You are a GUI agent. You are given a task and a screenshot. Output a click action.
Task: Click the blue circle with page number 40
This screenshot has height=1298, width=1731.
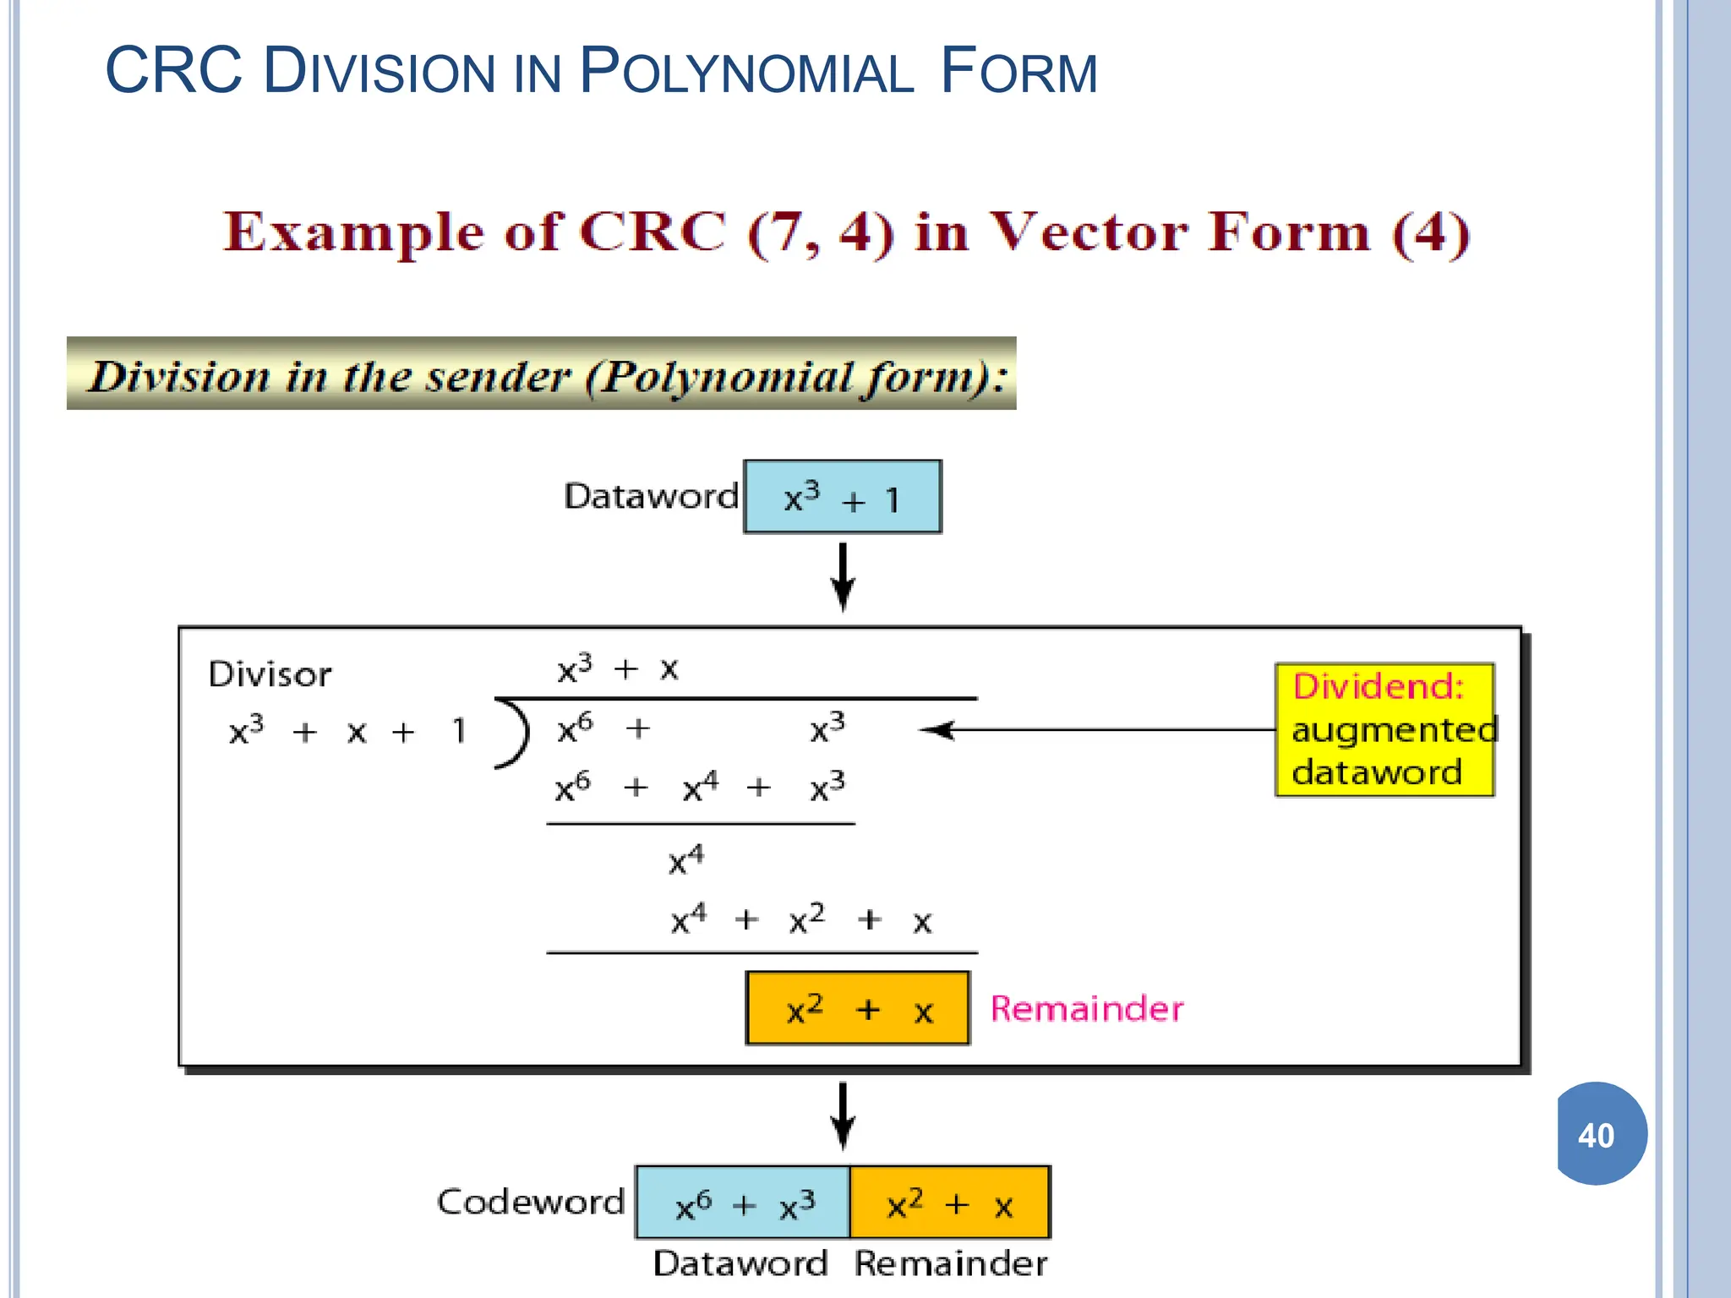click(1600, 1134)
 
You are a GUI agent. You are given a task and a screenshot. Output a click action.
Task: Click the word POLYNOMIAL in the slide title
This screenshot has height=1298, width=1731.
click(746, 72)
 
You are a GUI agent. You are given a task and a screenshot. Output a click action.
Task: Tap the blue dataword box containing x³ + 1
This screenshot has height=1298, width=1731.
click(842, 497)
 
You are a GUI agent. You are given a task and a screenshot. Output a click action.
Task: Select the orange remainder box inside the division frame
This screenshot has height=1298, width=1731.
click(857, 1008)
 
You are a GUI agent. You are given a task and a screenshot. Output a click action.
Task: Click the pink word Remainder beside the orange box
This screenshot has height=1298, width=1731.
click(1086, 1008)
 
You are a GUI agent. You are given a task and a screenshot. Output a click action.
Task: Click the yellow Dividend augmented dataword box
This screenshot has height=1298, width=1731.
click(1384, 729)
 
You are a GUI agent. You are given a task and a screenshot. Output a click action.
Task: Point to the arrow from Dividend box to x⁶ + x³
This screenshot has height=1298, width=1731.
click(1099, 729)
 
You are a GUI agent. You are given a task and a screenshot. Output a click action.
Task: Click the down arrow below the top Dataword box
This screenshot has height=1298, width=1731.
click(843, 576)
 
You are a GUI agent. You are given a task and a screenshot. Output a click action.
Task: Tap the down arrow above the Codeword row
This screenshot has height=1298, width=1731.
click(843, 1115)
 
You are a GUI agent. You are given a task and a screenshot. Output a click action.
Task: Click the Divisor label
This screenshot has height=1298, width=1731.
click(270, 674)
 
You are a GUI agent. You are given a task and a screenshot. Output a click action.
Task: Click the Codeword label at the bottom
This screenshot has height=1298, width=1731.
click(530, 1202)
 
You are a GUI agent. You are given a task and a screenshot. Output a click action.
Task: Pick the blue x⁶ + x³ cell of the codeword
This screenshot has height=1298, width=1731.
click(743, 1203)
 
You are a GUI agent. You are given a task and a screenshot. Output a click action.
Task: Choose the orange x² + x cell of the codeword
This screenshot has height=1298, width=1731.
click(949, 1203)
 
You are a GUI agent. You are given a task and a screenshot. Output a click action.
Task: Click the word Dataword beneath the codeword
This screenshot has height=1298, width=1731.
click(740, 1263)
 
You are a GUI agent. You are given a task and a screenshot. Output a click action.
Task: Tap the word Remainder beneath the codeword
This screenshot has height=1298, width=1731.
click(950, 1263)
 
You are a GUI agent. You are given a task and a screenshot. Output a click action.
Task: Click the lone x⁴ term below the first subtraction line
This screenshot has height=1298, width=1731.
click(685, 860)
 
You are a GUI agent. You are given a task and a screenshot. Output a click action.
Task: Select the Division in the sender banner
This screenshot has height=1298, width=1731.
click(541, 374)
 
